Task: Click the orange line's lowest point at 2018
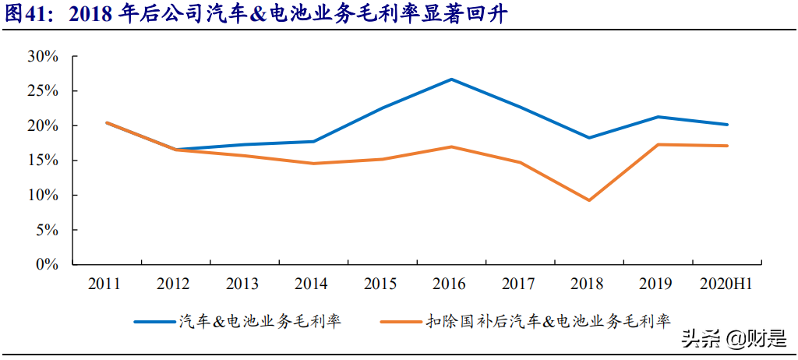pos(590,200)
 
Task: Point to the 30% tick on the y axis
pos(42,56)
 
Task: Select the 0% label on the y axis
pos(46,264)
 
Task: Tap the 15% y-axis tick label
pos(42,160)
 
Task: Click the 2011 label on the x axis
pos(105,284)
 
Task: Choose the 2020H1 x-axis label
pos(727,284)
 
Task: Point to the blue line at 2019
pos(659,117)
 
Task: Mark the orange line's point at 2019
pos(659,144)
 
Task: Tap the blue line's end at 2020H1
pos(727,125)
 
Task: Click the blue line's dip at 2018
pos(590,138)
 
